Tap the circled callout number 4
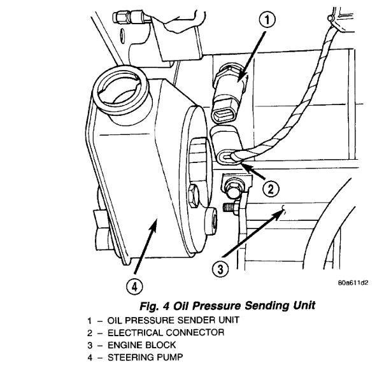pos(132,287)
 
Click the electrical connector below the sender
pos(227,146)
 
